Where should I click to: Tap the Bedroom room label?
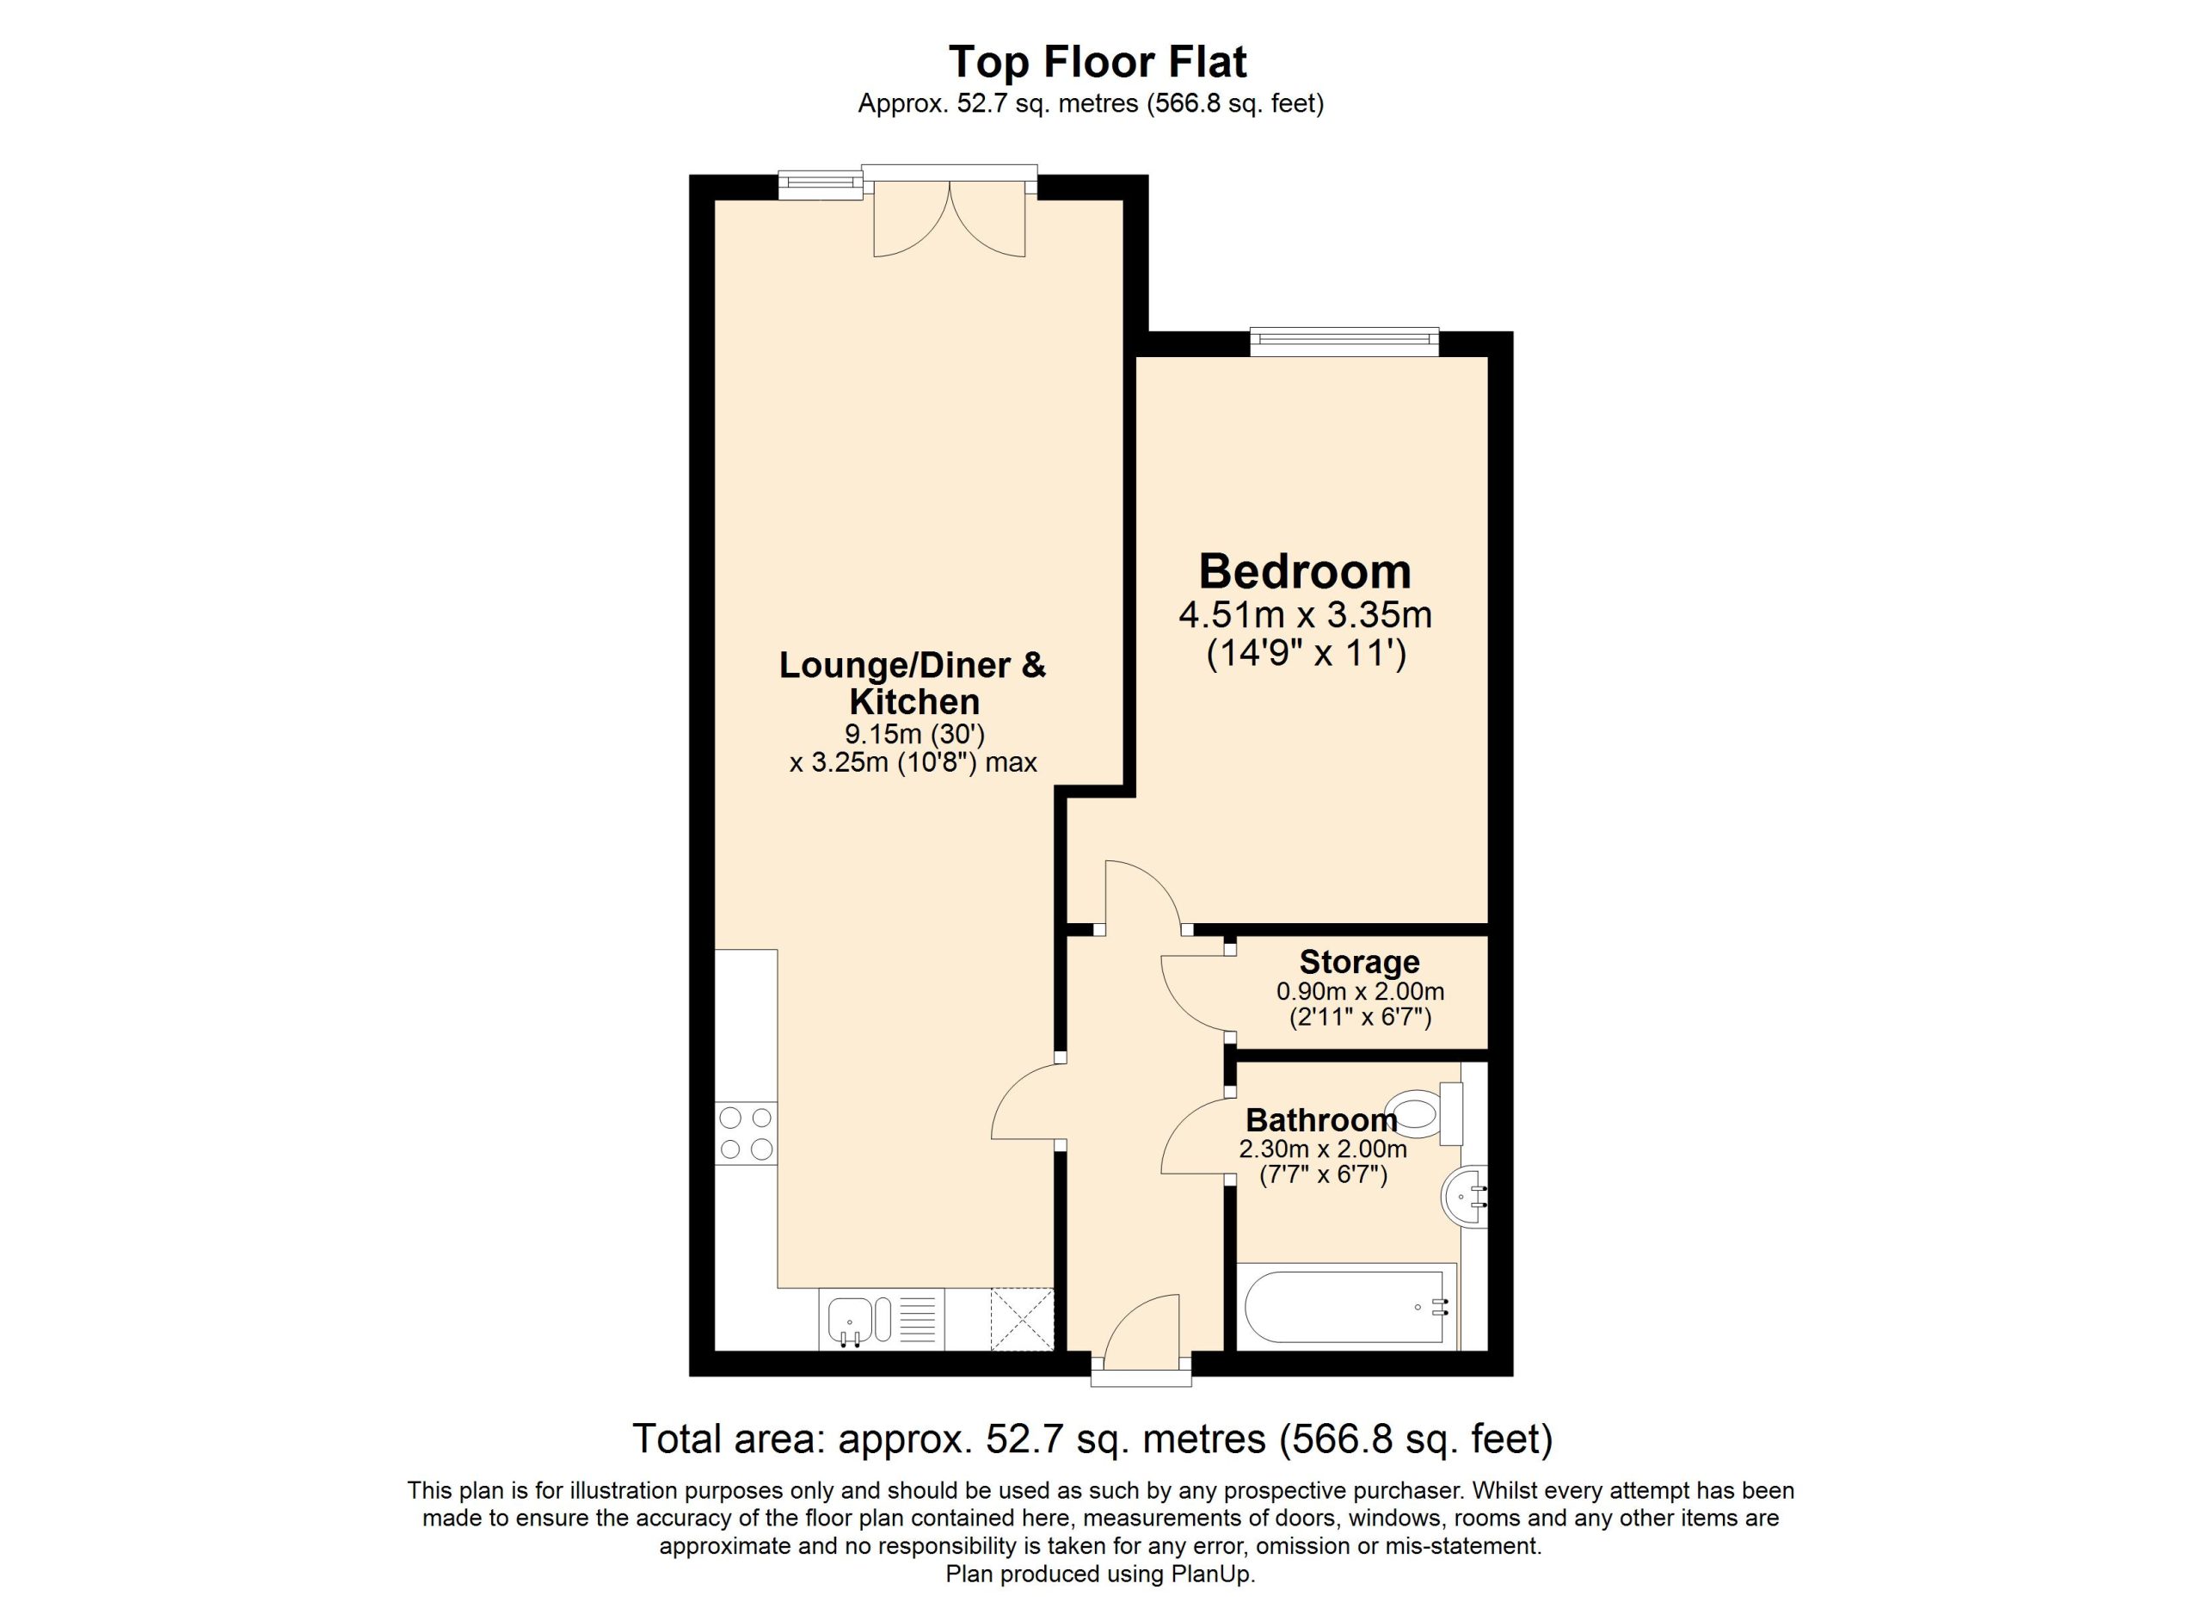tap(1305, 571)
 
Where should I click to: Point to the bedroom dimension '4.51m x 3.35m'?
tap(1305, 614)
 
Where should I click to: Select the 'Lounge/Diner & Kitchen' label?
tap(913, 682)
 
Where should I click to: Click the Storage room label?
tap(1359, 961)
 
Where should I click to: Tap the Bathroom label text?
tap(1321, 1120)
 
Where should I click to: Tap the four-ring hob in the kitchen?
tap(747, 1133)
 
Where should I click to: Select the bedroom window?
tap(1344, 337)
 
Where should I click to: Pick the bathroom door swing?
tap(1194, 1135)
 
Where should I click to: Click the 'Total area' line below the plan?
tap(1092, 1439)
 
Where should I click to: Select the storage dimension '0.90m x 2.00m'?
tap(1359, 991)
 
